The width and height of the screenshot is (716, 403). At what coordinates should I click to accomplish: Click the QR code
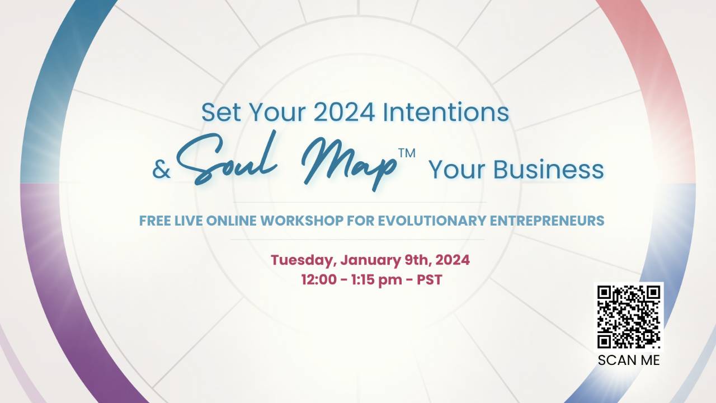point(629,316)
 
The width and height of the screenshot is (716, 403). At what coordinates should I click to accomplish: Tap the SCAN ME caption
point(629,360)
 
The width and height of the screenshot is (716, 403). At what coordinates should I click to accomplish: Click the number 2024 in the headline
point(344,112)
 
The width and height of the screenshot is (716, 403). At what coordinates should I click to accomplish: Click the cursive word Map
point(347,162)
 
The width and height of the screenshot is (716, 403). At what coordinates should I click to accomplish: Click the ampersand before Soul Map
point(161,170)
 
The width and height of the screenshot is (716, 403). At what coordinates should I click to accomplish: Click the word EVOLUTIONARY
point(431,221)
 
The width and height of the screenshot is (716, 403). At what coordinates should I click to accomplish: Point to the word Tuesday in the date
point(303,260)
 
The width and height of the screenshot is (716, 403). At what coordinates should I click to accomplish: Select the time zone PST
point(430,280)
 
